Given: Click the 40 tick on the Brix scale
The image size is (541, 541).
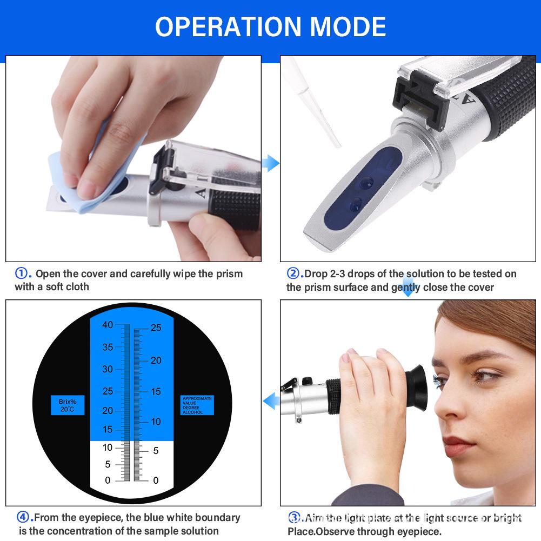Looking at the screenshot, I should [108, 325].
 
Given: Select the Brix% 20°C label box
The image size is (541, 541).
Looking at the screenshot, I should [68, 405].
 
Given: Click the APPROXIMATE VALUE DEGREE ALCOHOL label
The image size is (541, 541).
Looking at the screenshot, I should [197, 405].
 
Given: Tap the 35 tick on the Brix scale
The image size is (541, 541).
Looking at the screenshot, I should [108, 347].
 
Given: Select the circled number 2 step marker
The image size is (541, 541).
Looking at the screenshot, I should [293, 273].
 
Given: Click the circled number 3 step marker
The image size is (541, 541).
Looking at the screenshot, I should [295, 518].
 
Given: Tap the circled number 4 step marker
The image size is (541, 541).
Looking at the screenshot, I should [23, 517].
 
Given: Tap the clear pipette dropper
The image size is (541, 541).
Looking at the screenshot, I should [314, 103].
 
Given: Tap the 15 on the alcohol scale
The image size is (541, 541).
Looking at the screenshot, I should [156, 391].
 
